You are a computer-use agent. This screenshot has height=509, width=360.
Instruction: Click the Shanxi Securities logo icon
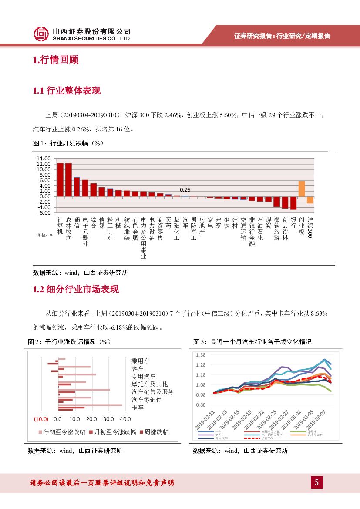(41, 34)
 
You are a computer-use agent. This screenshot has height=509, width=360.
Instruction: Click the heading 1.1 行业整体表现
(67, 91)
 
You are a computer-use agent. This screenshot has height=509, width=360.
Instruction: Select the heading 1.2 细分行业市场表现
(76, 290)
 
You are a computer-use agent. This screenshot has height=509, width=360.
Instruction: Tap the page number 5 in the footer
(316, 482)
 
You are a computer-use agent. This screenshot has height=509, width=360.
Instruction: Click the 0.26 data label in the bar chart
(185, 189)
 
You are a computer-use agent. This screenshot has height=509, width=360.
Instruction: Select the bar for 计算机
(60, 179)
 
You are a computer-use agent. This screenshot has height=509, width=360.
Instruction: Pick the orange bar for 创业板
(301, 189)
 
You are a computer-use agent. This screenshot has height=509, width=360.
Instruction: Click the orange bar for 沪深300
(310, 199)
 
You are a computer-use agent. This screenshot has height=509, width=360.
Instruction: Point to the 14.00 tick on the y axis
(44, 158)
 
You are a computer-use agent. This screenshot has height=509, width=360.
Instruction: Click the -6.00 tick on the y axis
(44, 212)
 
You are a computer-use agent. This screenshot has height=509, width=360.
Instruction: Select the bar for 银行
(293, 203)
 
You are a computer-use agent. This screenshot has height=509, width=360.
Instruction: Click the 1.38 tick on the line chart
(201, 355)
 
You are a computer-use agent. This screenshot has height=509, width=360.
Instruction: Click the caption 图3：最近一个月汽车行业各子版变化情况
(252, 342)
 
